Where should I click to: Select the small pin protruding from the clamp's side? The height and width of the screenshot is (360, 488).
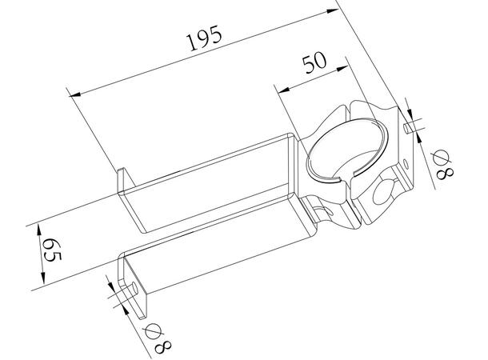(x=411, y=126)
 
